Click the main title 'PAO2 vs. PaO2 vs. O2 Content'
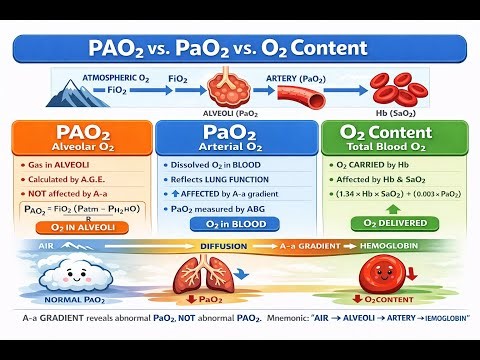(x=240, y=47)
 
